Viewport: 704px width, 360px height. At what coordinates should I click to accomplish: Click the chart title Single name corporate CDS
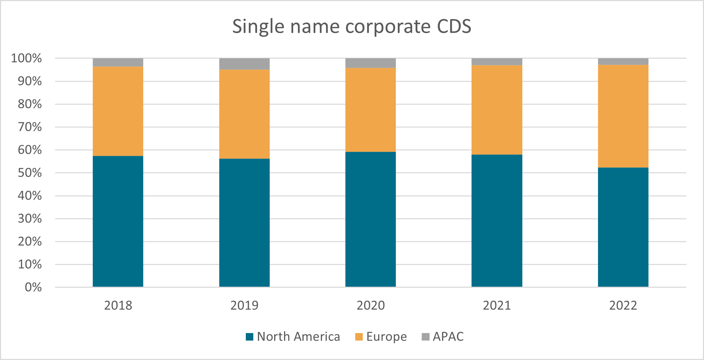[351, 26]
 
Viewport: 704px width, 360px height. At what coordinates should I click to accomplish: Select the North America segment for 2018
[118, 221]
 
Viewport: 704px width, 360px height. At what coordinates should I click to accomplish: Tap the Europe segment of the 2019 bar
[244, 114]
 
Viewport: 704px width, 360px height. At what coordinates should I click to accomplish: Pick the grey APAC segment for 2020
[371, 63]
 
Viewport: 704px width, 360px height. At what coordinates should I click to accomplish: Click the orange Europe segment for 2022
[623, 116]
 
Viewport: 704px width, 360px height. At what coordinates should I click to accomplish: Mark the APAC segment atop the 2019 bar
[244, 64]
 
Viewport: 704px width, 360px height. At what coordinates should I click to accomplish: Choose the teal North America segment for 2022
[623, 227]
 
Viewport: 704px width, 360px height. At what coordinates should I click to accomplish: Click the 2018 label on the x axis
[118, 305]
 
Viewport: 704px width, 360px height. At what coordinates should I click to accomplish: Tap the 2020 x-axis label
[371, 305]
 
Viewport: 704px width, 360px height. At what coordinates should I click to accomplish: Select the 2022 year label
[623, 305]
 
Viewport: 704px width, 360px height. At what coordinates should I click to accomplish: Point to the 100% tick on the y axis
[27, 58]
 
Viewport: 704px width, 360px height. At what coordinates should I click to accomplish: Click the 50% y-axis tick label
[30, 173]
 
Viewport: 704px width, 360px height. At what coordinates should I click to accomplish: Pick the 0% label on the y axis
[33, 287]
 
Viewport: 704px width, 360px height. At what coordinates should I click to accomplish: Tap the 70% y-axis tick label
[30, 127]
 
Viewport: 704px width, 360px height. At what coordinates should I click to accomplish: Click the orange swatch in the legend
[359, 337]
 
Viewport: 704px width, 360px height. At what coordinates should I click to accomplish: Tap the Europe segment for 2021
[497, 110]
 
